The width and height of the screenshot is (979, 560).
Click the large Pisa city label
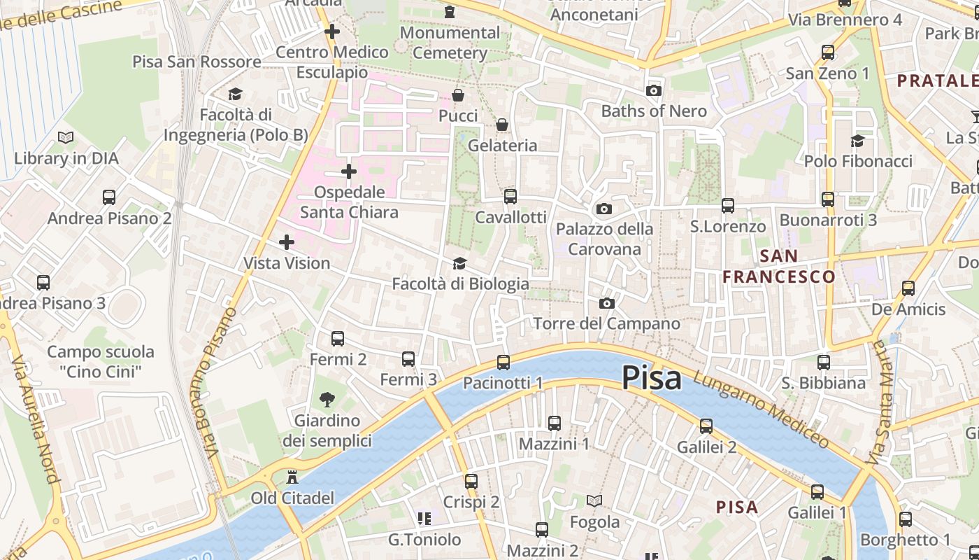point(651,378)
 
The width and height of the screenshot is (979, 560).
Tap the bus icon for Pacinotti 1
point(503,363)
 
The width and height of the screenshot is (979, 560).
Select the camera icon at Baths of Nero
point(654,91)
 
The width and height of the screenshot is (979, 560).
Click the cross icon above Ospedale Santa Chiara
point(349,171)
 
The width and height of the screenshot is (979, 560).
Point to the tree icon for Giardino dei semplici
point(327,400)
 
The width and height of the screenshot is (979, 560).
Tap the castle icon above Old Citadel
point(293,477)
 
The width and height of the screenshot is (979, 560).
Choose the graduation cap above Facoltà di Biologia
point(459,263)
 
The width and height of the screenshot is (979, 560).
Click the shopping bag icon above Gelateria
point(502,125)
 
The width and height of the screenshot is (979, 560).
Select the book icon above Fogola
point(594,501)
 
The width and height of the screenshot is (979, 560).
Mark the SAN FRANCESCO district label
point(779,267)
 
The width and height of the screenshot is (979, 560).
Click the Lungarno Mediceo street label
point(762,409)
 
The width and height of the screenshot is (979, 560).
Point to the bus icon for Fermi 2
point(338,339)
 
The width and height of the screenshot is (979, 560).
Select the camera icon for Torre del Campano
point(607,303)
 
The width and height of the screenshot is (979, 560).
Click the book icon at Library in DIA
point(66,138)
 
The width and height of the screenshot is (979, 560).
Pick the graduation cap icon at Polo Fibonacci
point(857,141)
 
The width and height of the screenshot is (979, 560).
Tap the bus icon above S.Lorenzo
point(728,206)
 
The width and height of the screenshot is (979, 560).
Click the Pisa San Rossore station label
point(197,62)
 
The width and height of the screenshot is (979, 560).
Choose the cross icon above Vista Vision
point(287,242)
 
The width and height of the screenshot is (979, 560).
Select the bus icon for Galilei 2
point(706,426)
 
